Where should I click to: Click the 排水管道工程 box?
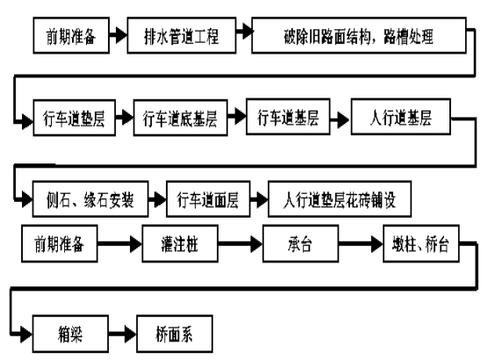pyautogui.click(x=182, y=35)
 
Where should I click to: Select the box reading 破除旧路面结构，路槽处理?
pyautogui.click(x=359, y=35)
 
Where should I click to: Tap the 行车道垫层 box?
pyautogui.click(x=75, y=118)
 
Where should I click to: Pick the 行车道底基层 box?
pyautogui.click(x=181, y=118)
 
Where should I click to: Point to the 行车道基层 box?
pyautogui.click(x=288, y=117)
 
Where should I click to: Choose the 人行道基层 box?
pyautogui.click(x=401, y=117)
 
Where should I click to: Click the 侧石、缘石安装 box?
pyautogui.click(x=90, y=199)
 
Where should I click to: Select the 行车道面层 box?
pyautogui.click(x=208, y=199)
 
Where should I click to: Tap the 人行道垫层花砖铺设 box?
pyautogui.click(x=340, y=199)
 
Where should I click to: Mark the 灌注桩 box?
pyautogui.click(x=180, y=243)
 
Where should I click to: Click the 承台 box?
pyautogui.click(x=300, y=243)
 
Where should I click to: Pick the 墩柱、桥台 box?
pyautogui.click(x=421, y=243)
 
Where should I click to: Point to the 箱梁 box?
pyautogui.click(x=70, y=334)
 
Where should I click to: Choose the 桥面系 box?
pyautogui.click(x=175, y=334)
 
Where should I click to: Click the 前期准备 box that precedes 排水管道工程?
pyautogui.click(x=71, y=35)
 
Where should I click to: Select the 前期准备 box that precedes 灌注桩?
pyautogui.click(x=60, y=243)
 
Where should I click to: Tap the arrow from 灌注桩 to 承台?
pyautogui.click(x=240, y=244)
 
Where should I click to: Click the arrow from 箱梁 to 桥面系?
pyautogui.click(x=123, y=334)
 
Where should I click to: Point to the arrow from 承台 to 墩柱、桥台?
pyautogui.click(x=361, y=244)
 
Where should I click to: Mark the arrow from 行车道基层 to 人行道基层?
pyautogui.click(x=340, y=120)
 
